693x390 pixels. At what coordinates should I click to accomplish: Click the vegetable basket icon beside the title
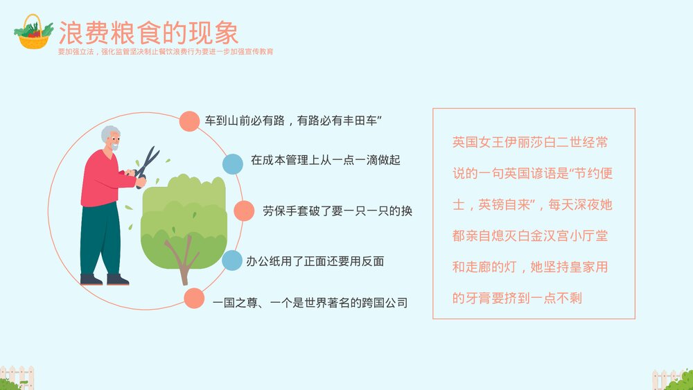34,32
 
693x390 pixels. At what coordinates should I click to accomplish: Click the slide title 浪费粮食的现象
148,33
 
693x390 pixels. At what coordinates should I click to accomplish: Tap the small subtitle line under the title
165,51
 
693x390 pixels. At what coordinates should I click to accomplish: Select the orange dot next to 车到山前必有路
189,121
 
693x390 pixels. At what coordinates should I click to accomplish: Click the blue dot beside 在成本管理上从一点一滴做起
232,164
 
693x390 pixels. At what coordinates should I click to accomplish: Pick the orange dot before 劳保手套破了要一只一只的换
244,211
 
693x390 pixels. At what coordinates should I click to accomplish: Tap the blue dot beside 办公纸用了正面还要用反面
232,261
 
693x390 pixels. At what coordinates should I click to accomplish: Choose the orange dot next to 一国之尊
194,299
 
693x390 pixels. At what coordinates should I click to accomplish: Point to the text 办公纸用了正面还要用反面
315,262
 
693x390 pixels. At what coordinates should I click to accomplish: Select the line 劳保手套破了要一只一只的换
337,211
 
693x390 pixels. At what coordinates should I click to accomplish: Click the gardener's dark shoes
104,280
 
